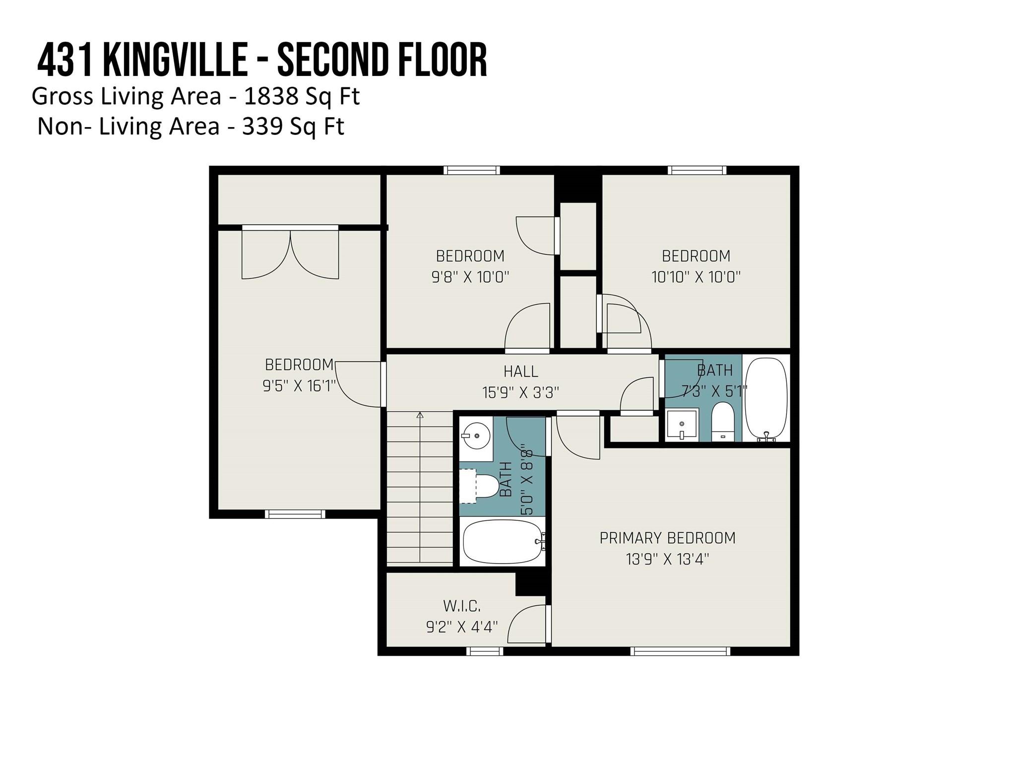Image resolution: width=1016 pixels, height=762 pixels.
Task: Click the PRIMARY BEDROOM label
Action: (667, 538)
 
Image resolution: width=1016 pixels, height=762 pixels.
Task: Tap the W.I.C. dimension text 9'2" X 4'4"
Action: (462, 627)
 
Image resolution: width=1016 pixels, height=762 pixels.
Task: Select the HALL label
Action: (520, 371)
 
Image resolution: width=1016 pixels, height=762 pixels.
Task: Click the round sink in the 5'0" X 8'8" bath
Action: (476, 436)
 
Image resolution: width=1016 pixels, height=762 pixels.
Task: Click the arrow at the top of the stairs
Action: (420, 415)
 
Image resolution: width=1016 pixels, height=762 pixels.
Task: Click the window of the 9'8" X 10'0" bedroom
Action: (471, 170)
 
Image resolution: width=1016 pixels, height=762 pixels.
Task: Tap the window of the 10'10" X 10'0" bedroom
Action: (697, 170)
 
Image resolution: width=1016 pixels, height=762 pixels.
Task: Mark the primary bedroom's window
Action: (680, 651)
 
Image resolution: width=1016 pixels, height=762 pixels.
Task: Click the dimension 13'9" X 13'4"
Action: (667, 560)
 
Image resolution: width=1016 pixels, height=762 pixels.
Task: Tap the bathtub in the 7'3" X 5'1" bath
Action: (766, 398)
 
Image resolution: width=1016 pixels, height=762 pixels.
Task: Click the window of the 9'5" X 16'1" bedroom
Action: (295, 514)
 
